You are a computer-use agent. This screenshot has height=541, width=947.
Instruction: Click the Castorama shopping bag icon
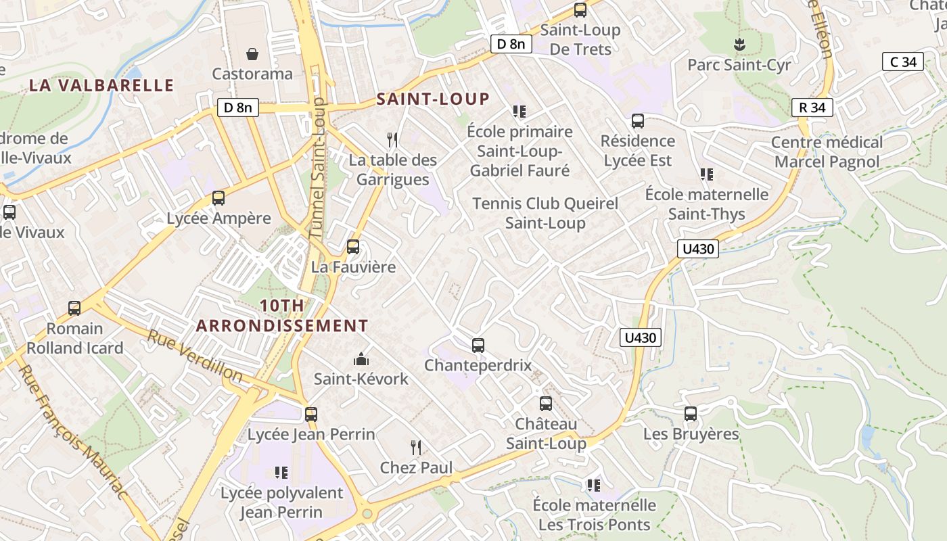click(x=252, y=53)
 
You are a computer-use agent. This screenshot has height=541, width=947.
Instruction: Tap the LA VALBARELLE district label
click(x=102, y=85)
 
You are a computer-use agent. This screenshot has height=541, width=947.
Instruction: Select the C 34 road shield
click(x=903, y=62)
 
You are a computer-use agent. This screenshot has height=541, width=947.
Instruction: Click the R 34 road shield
click(x=812, y=107)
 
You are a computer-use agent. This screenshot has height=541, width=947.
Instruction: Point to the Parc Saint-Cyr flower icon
click(x=739, y=45)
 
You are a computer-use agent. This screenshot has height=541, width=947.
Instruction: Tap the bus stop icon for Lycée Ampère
click(x=218, y=198)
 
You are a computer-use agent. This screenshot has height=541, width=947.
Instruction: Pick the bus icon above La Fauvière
click(x=352, y=247)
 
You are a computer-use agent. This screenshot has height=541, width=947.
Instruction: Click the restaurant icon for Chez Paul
click(x=416, y=447)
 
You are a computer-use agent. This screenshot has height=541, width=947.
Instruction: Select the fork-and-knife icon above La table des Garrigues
click(x=392, y=140)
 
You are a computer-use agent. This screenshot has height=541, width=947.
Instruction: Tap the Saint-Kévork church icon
click(x=361, y=358)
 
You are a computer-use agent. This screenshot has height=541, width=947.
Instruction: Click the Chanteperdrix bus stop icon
click(x=478, y=345)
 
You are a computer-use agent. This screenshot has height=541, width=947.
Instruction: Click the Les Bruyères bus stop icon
click(x=691, y=413)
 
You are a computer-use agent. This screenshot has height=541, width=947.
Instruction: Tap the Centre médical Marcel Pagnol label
click(x=827, y=152)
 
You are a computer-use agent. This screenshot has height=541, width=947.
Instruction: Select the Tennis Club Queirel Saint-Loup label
click(x=545, y=213)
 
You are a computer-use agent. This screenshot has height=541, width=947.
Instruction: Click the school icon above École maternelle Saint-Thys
click(x=707, y=174)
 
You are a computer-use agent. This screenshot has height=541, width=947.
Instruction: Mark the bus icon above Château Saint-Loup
click(x=546, y=404)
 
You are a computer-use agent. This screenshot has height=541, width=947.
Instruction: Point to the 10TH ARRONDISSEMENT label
click(x=282, y=316)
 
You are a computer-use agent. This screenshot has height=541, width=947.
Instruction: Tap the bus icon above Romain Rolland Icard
click(x=74, y=308)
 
